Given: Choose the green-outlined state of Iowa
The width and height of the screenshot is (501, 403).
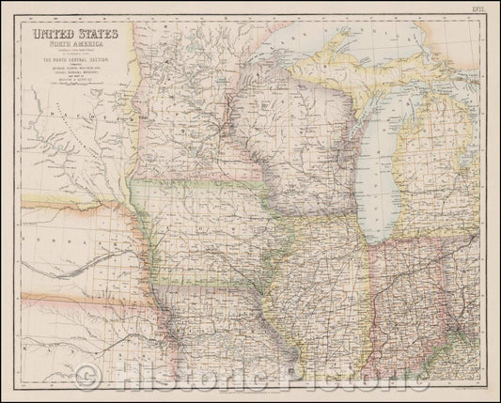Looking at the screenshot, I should click(x=202, y=225).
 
